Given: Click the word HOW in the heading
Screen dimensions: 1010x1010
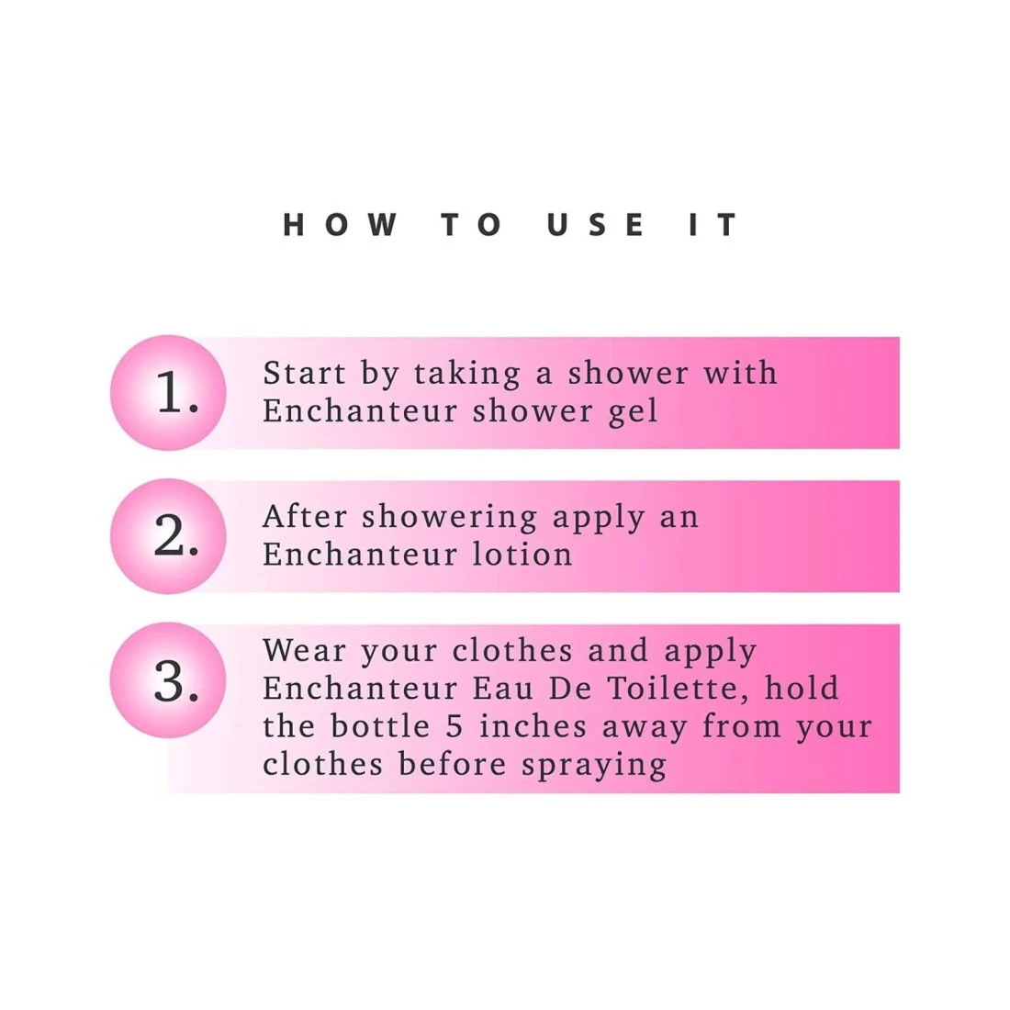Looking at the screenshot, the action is click(340, 225).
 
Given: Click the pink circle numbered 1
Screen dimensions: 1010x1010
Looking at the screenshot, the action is click(168, 392).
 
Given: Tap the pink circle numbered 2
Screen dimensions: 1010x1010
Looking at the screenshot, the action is click(168, 536).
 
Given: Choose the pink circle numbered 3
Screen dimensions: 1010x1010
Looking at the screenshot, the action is click(168, 680).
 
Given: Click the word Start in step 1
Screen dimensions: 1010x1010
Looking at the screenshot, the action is click(305, 373).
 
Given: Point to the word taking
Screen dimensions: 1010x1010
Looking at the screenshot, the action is click(467, 375).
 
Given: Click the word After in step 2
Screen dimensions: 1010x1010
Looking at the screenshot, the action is click(306, 517).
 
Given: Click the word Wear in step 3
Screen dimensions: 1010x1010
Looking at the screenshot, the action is click(304, 651).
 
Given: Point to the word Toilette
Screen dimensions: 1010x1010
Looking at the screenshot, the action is click(679, 689).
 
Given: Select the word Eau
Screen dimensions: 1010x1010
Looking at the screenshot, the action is click(503, 689).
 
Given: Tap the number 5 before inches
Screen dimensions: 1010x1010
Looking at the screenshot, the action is click(454, 726).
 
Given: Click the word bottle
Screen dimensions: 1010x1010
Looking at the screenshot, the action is click(380, 726).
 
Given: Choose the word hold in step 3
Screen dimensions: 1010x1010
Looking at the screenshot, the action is click(802, 688).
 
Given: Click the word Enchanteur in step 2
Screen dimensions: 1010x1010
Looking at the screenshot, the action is click(360, 555).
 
